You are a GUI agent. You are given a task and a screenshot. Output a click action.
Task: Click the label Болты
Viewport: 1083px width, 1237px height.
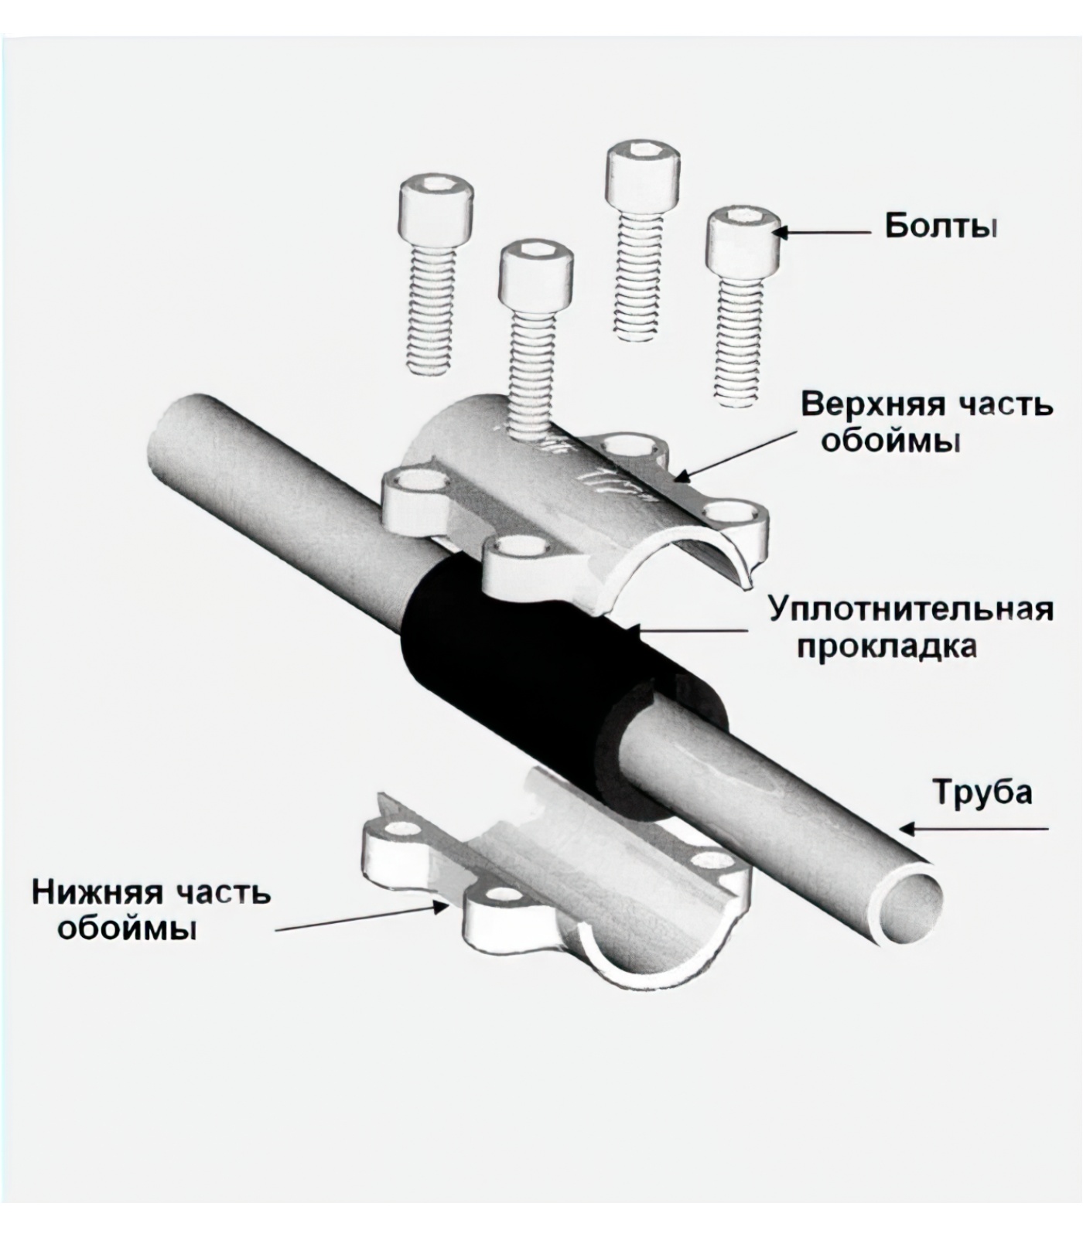[941, 227]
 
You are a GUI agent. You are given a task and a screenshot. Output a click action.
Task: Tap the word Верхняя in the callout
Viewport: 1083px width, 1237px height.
[869, 404]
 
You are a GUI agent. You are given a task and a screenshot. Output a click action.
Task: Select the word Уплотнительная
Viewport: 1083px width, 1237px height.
[910, 609]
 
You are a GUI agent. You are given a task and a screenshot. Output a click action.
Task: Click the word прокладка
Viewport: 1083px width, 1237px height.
[887, 646]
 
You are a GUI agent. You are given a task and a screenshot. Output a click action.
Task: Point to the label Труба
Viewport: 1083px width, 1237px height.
[982, 792]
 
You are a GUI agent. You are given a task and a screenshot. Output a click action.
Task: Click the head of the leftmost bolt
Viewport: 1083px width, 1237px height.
[436, 206]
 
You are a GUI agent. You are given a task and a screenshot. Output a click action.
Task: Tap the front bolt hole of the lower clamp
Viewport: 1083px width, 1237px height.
[504, 896]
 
